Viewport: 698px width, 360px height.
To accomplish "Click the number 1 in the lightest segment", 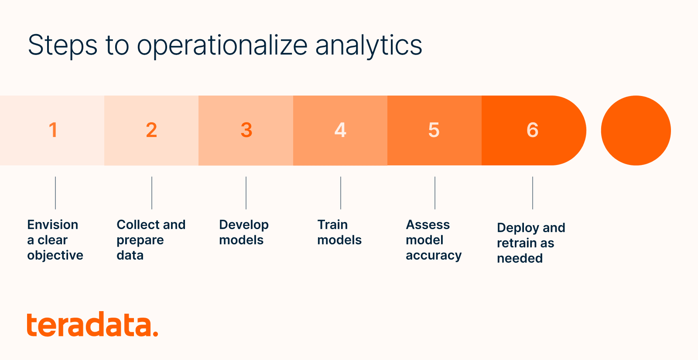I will (53, 130).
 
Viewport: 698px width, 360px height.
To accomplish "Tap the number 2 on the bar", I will (151, 130).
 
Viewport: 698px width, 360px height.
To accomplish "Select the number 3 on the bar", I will (246, 130).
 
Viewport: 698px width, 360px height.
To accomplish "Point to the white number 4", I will (340, 130).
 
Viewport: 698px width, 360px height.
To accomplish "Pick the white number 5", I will (434, 130).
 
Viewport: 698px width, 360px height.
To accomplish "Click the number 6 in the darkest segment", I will (532, 130).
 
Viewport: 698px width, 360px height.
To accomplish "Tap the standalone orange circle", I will (636, 130).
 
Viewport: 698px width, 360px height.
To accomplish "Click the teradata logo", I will (92, 325).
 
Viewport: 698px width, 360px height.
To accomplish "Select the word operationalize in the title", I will (222, 46).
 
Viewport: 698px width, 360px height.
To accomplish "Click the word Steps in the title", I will (62, 46).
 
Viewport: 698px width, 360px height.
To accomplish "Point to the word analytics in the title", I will (369, 46).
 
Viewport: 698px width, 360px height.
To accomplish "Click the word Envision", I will (53, 225).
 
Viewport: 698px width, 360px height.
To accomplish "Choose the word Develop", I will (244, 225).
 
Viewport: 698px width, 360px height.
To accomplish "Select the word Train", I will (332, 225).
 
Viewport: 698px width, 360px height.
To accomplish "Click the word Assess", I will (428, 225).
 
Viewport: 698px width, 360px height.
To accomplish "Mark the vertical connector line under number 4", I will (341, 192).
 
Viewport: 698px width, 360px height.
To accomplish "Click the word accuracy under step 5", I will (434, 256).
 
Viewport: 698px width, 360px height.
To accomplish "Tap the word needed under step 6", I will (520, 258).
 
